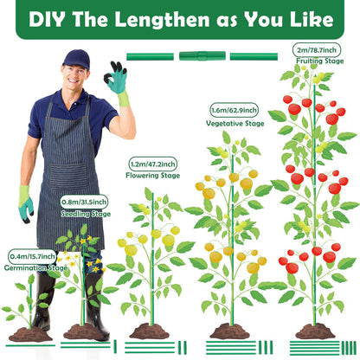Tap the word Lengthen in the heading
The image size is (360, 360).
click(x=162, y=20)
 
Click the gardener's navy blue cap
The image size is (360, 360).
click(x=76, y=59)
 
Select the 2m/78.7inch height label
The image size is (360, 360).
click(x=317, y=50)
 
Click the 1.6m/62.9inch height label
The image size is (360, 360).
click(x=234, y=110)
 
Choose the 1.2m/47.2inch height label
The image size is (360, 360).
click(x=152, y=164)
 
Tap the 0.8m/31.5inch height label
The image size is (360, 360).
click(x=84, y=202)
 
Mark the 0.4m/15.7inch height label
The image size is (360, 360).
click(x=32, y=256)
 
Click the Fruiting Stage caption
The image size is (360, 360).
click(x=320, y=61)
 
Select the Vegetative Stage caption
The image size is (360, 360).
click(x=235, y=124)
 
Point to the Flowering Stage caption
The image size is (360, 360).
click(x=152, y=176)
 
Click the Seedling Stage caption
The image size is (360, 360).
click(x=86, y=214)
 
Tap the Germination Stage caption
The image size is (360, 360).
click(x=35, y=268)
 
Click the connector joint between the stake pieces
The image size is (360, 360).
click(x=202, y=56)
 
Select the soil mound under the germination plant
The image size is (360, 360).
click(x=30, y=334)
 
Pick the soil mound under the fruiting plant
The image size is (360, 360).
click(x=315, y=331)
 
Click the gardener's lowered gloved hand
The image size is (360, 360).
click(x=25, y=204)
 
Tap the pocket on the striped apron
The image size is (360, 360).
click(x=68, y=177)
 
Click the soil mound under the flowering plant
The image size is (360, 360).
click(x=149, y=331)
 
